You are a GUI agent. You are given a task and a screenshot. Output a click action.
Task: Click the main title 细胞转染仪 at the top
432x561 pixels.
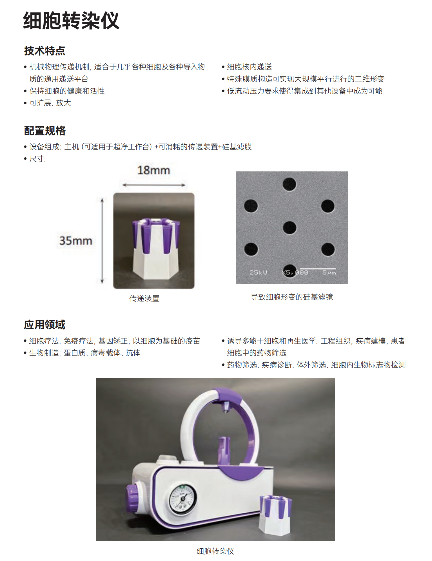pos(71,21)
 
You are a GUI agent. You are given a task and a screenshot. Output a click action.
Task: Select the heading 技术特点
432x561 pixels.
pos(44,51)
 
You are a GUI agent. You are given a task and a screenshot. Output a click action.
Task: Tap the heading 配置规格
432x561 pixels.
pos(44,131)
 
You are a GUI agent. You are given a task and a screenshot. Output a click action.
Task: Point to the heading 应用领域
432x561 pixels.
pos(44,325)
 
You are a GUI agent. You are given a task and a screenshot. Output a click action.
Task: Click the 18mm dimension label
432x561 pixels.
pos(153,170)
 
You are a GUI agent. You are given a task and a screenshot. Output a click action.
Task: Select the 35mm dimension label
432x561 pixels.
pos(75,241)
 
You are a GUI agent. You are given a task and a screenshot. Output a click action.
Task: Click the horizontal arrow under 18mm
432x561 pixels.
pos(154,185)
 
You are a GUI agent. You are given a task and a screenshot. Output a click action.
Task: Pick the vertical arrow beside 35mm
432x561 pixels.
pos(102,241)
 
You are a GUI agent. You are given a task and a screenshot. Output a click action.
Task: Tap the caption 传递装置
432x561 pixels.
pos(144,298)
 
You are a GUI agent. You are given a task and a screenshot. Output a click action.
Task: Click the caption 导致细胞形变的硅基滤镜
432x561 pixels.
pos(292,297)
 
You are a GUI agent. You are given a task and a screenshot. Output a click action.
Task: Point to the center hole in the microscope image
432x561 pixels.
pos(290,228)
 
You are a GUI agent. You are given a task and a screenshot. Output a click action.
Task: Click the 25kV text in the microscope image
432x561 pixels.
pos(258,272)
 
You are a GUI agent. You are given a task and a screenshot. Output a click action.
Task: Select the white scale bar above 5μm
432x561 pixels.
pos(318,269)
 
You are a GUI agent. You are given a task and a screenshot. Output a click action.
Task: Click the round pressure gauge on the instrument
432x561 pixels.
pos(183,499)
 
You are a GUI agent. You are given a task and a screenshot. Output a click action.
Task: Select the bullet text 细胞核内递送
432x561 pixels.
pos(249,67)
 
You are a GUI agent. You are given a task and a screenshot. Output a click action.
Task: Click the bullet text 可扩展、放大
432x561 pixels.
pos(50,103)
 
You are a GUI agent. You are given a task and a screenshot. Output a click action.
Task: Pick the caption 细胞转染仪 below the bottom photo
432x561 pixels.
pos(215,551)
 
